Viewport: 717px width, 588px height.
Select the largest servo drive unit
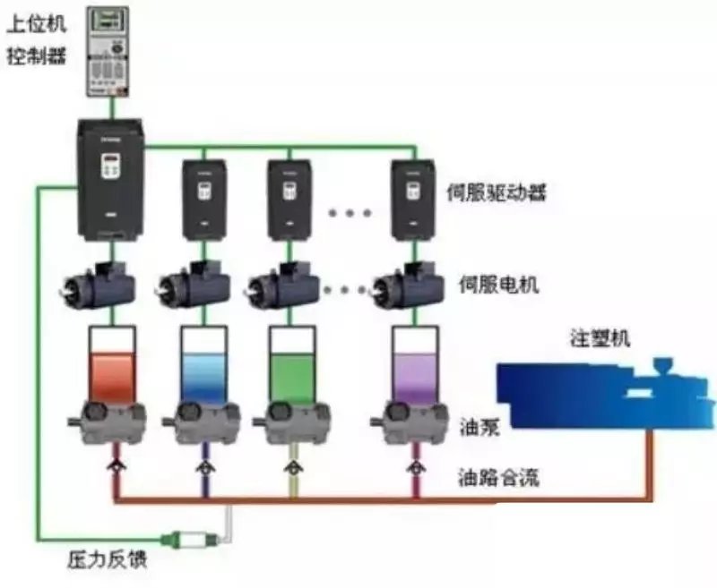[110, 179]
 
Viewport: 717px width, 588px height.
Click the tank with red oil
[111, 367]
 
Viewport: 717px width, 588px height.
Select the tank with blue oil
[204, 367]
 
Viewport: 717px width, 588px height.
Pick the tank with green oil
[291, 367]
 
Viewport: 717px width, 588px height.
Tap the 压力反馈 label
[107, 560]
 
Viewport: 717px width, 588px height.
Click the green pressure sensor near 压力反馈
[189, 539]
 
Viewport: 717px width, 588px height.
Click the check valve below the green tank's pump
[291, 467]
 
